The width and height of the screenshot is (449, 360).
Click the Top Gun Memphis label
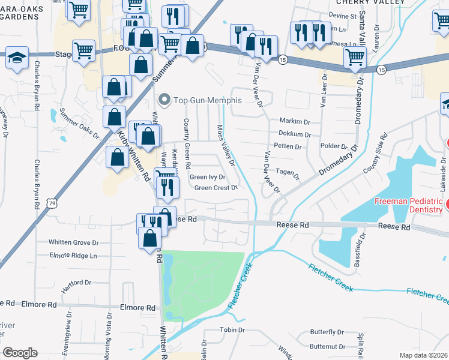tap(207, 100)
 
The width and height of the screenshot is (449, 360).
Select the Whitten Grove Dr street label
tap(74, 242)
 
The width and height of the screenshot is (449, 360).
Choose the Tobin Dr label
tap(232, 330)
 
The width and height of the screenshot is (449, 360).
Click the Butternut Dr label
tap(328, 347)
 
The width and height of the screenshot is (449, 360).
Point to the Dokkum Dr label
tap(294, 134)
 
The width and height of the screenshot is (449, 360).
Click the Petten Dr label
tap(289, 146)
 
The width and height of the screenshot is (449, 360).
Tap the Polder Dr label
tap(336, 146)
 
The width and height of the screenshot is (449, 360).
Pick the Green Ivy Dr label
tap(208, 177)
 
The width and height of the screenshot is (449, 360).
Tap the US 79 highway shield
tap(50, 205)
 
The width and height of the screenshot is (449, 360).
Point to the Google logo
tap(20, 353)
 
